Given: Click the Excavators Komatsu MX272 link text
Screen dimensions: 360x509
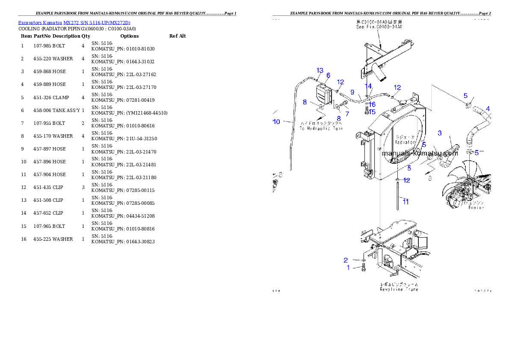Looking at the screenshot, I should (74, 23).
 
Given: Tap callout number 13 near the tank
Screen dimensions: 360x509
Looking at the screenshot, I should (320, 70).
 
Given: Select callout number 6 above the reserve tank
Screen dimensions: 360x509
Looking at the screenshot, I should (328, 75).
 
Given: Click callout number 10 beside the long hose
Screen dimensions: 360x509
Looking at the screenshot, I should (277, 122).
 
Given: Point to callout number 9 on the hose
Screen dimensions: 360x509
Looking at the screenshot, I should (352, 92).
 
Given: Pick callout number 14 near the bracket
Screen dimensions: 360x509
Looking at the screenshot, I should (368, 86).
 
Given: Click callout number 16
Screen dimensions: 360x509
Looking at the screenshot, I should (372, 104).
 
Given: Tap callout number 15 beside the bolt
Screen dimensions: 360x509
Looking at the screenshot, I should (372, 112).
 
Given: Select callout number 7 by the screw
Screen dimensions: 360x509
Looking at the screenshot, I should (347, 114).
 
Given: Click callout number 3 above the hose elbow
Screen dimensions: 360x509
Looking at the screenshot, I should (439, 133).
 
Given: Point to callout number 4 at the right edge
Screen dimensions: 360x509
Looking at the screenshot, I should (488, 108).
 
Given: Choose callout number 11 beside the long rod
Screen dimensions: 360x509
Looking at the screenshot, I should (405, 202).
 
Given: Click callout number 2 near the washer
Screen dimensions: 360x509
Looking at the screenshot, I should (346, 260).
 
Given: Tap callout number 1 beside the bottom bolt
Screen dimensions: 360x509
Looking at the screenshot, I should (348, 268).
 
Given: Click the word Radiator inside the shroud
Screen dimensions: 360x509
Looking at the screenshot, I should (405, 142).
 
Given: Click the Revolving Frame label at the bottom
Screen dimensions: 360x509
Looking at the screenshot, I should (399, 289).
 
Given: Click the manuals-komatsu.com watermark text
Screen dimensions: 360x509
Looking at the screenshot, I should (419, 153).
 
